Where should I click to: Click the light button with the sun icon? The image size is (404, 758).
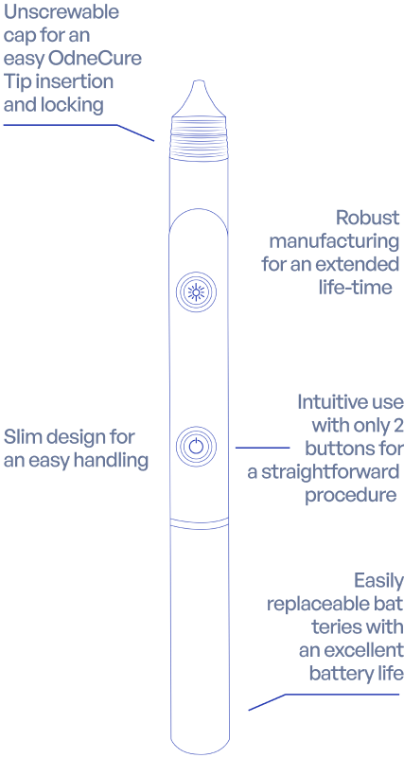tap(196, 292)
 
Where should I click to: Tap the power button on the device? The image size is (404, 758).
tap(196, 446)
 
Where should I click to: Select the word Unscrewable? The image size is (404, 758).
tap(61, 12)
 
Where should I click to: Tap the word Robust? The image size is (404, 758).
tap(368, 218)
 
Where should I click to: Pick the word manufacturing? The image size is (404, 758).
tap(334, 241)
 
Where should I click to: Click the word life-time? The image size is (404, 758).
tap(354, 288)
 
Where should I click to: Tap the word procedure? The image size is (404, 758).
tap(351, 496)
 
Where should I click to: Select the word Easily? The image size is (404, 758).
tap(378, 582)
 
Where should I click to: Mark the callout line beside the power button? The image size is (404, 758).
tap(262, 448)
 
